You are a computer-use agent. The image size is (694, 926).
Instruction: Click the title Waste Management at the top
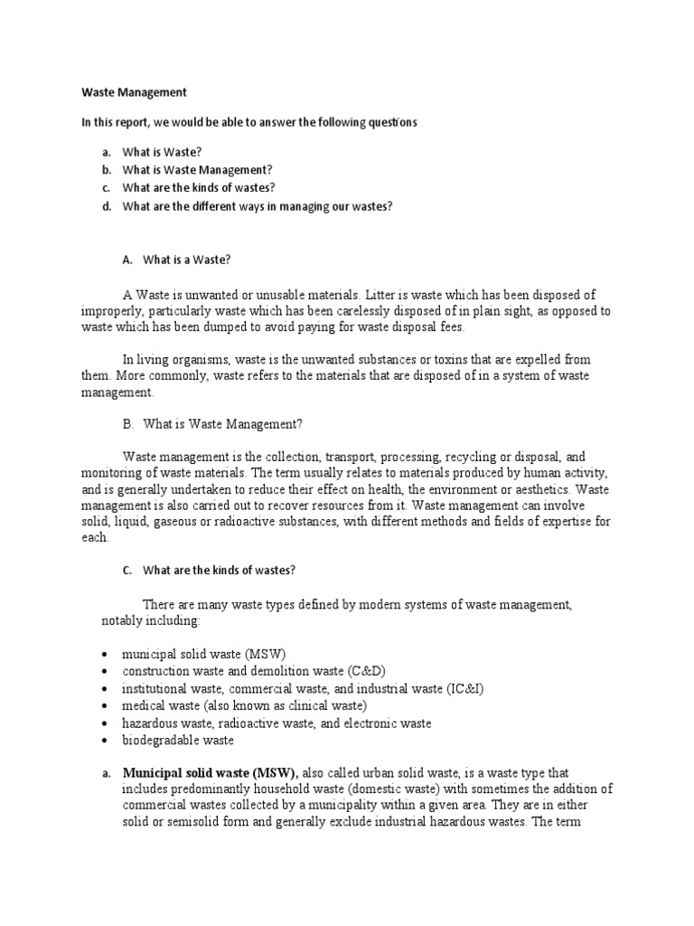click(x=135, y=91)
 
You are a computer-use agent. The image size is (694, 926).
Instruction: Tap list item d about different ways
click(x=247, y=206)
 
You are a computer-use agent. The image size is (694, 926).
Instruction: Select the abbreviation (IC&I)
click(x=464, y=688)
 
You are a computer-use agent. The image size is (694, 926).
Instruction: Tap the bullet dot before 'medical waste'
click(x=105, y=706)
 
